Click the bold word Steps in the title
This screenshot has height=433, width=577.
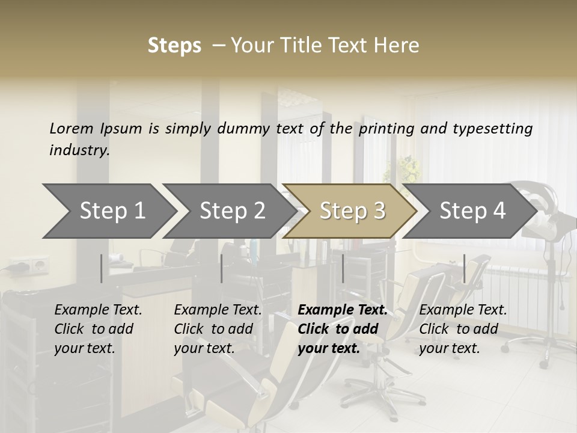(174, 46)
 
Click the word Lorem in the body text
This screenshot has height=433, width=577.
(72, 128)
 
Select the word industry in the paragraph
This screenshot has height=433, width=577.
(79, 150)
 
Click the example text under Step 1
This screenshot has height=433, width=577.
(98, 329)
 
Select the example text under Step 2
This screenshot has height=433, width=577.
(218, 329)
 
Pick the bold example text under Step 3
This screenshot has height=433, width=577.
(342, 329)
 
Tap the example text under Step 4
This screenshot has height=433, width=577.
(463, 329)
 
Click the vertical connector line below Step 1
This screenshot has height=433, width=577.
(102, 268)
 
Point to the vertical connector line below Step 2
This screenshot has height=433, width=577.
(222, 268)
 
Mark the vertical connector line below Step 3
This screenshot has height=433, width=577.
(343, 268)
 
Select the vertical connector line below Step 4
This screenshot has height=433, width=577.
(464, 268)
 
